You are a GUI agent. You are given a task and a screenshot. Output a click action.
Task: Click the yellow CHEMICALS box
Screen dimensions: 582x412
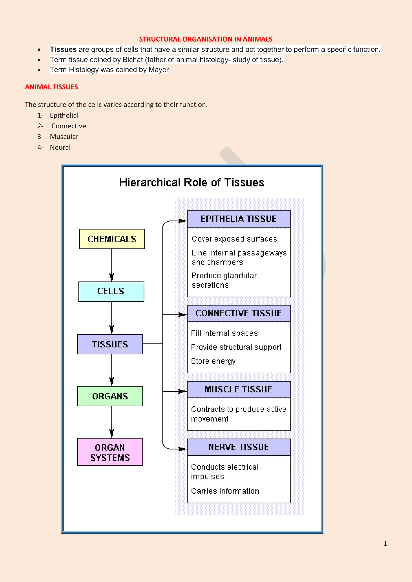click(x=112, y=239)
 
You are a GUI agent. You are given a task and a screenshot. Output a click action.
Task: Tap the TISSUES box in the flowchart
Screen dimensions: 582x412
click(x=110, y=344)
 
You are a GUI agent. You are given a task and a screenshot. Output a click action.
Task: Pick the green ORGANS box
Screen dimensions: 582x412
click(x=110, y=396)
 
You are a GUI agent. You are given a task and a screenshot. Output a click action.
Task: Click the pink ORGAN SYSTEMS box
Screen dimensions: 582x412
click(x=110, y=452)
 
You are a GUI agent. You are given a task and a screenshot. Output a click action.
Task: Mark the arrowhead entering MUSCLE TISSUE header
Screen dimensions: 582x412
click(x=182, y=391)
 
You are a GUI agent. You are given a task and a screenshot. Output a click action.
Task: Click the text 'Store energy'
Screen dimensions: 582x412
click(x=213, y=361)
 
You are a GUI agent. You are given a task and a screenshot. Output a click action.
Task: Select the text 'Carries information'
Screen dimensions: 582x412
click(x=225, y=491)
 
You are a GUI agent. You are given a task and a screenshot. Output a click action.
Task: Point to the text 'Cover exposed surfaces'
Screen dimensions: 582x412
click(x=234, y=239)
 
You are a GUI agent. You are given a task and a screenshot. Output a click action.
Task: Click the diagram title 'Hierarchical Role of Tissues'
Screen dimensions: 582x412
click(x=192, y=182)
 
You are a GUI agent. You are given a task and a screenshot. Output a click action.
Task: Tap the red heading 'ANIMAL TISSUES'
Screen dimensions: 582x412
click(x=51, y=87)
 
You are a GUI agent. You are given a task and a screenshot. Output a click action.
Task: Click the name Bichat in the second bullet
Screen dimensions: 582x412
click(x=133, y=59)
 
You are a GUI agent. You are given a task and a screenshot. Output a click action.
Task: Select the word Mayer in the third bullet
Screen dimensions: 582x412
click(x=159, y=70)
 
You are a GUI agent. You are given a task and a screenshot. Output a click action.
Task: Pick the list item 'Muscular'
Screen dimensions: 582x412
click(x=64, y=137)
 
